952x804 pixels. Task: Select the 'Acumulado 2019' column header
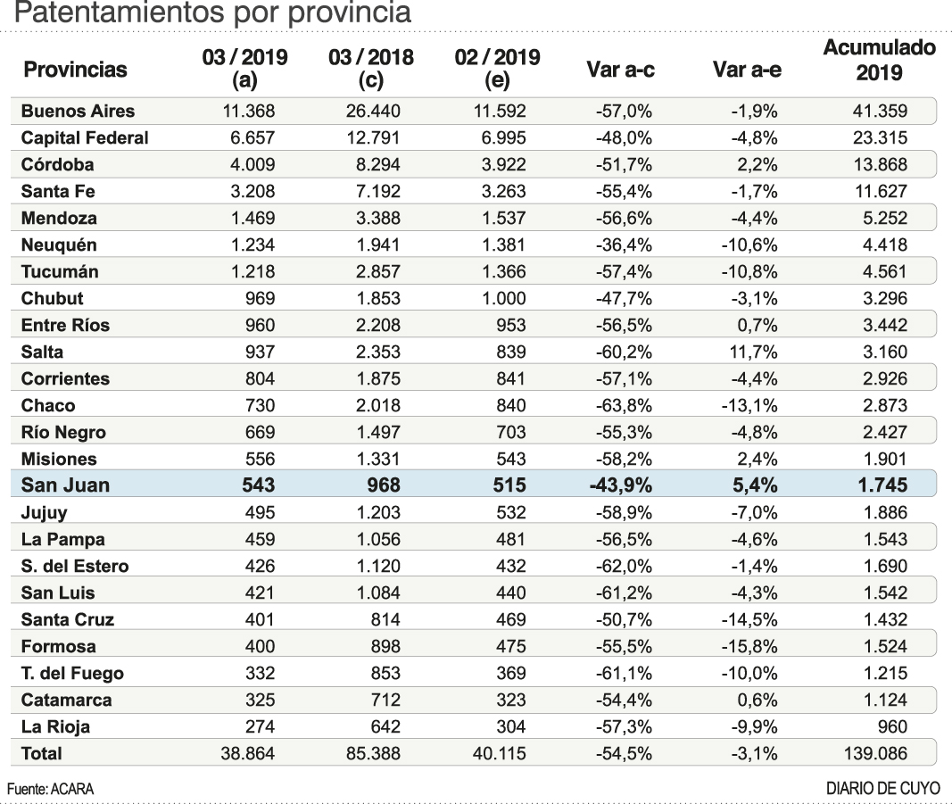coord(878,60)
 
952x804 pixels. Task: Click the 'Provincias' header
coord(75,70)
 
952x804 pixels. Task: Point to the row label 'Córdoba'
coord(57,165)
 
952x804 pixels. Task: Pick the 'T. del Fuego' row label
coord(72,674)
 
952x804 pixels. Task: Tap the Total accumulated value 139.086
coord(876,754)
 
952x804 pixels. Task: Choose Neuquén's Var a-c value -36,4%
coord(622,245)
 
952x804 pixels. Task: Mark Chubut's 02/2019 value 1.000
coord(503,299)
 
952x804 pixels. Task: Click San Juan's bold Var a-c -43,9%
coord(620,486)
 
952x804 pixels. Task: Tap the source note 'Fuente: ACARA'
coord(50,789)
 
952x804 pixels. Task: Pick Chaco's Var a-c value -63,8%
coord(622,406)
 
